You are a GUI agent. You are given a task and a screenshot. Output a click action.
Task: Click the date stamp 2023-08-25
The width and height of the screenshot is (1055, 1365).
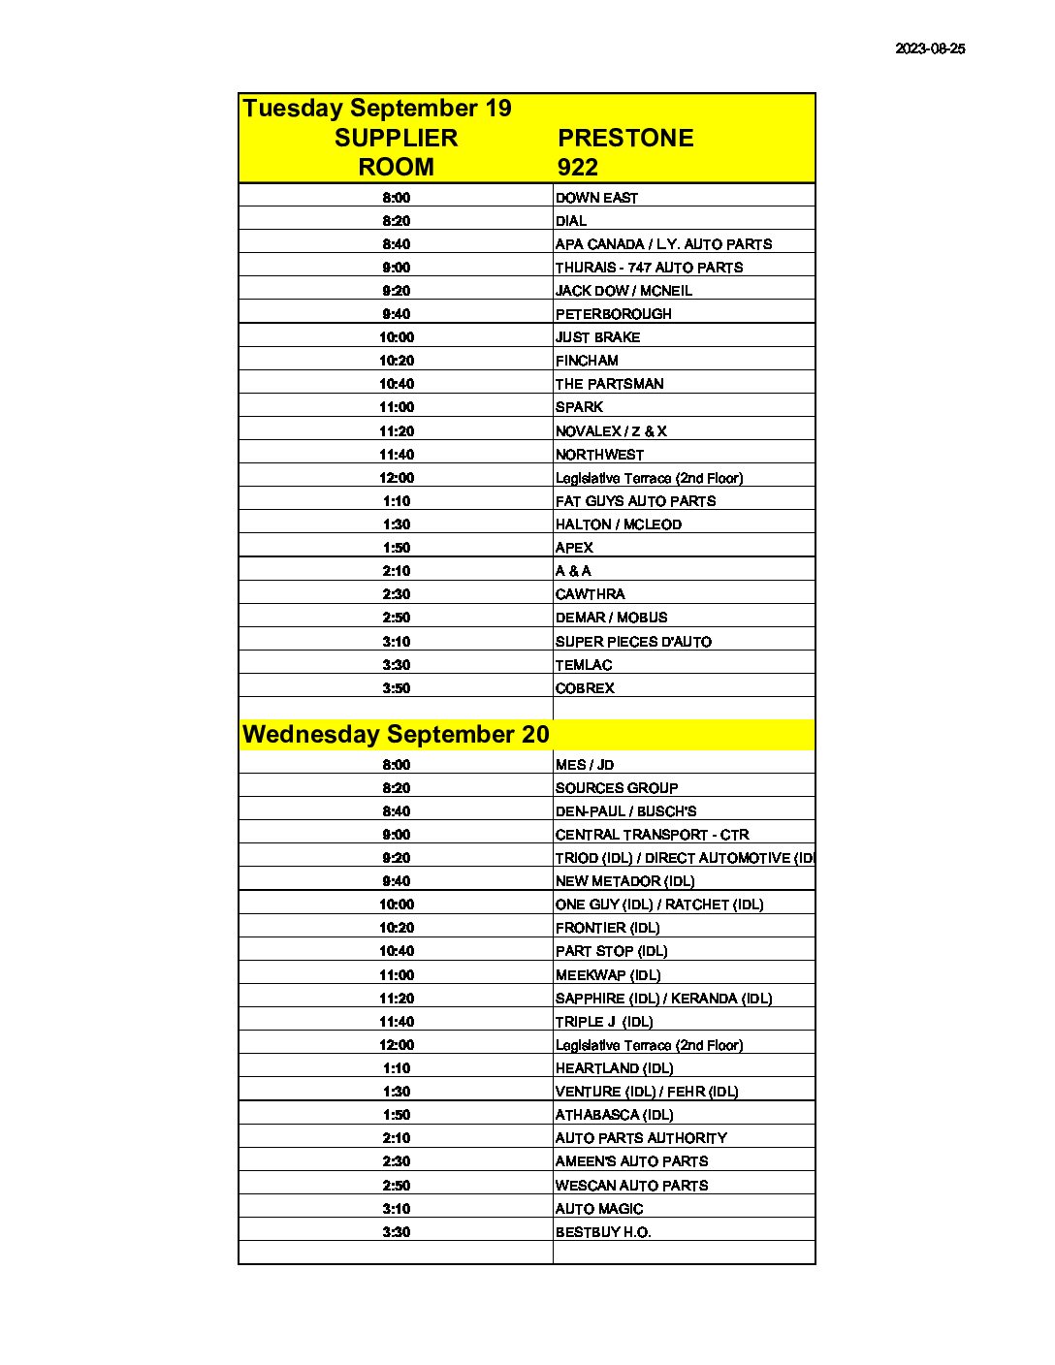929,48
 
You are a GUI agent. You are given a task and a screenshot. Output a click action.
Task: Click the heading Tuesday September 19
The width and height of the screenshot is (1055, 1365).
377,108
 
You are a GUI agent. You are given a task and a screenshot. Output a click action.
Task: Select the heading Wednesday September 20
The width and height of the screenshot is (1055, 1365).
396,734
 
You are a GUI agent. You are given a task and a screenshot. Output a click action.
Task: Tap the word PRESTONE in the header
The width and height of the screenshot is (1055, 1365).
625,138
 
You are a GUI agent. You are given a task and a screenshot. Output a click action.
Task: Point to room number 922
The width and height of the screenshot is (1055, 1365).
577,167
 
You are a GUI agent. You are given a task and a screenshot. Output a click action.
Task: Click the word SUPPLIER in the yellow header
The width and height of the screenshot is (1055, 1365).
396,138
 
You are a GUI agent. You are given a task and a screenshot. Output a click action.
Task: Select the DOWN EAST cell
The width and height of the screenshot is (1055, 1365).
596,198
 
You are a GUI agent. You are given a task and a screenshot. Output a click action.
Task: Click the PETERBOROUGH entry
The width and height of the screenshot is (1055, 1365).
613,314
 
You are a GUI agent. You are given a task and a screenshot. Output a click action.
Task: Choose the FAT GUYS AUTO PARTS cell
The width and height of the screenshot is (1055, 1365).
635,501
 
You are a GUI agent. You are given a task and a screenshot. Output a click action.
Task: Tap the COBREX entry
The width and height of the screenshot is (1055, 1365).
585,688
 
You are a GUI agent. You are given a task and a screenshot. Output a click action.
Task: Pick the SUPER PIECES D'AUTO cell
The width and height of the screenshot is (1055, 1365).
633,642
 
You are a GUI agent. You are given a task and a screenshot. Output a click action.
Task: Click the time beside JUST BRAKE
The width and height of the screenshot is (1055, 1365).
396,337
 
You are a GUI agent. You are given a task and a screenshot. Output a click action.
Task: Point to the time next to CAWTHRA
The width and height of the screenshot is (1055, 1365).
396,594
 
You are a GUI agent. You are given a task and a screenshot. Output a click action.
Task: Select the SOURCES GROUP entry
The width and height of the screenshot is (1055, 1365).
616,788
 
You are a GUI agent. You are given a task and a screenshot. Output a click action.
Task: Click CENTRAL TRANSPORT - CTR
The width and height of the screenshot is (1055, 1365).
652,835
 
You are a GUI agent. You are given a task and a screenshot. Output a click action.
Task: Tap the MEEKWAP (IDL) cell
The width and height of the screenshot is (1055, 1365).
607,975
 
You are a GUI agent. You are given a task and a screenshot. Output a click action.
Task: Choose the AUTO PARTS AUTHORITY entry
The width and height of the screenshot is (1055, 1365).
641,1138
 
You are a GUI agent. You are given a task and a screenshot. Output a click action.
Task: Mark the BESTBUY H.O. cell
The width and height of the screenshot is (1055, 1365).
602,1232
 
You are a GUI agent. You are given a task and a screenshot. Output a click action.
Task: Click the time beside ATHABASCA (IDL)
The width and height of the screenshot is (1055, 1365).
396,1115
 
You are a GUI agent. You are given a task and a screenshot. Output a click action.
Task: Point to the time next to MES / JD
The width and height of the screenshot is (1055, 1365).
396,765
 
